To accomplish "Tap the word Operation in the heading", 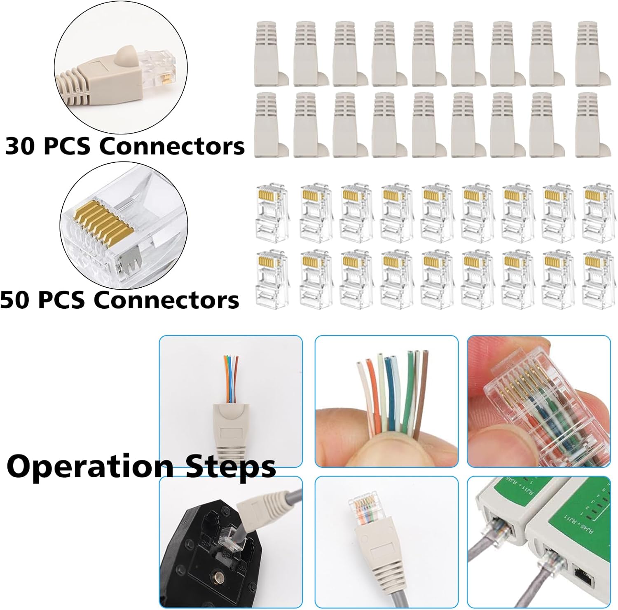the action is pos(90,467).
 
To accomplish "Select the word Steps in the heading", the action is pos(231,467).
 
